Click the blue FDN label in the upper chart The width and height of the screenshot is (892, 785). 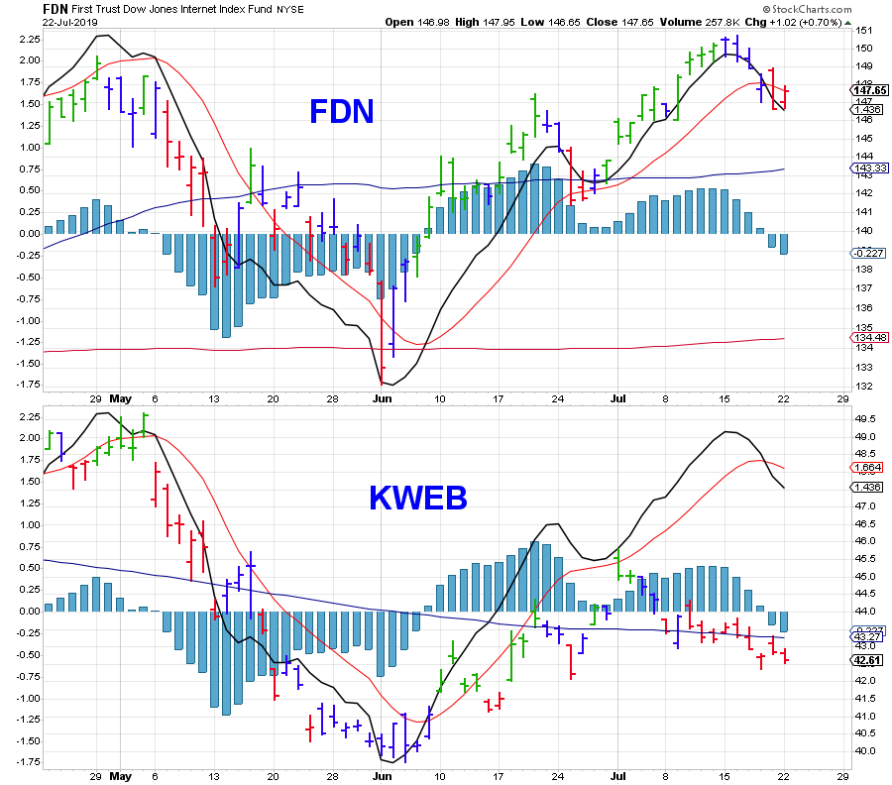(x=342, y=112)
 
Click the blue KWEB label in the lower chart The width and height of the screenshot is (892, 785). (x=417, y=499)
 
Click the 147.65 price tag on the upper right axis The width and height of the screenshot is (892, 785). (x=869, y=90)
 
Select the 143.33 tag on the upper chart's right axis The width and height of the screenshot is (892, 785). (x=869, y=168)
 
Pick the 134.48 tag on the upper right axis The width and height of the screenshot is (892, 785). (x=869, y=338)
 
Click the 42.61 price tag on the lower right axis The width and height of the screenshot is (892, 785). (x=869, y=659)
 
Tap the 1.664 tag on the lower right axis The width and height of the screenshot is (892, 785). (x=869, y=467)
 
